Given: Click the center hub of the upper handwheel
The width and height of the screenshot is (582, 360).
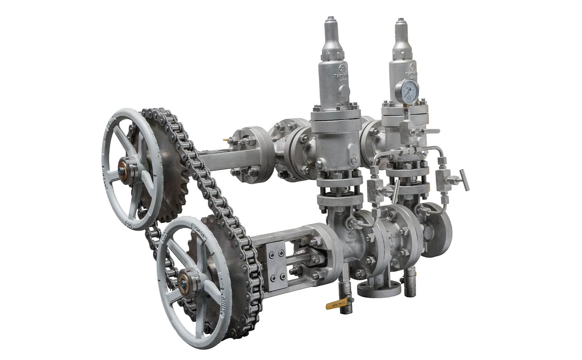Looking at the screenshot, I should (x=123, y=171).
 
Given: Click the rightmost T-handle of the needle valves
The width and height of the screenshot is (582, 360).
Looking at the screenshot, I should (x=464, y=180).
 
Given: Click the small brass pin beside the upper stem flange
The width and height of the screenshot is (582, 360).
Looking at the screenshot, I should (x=225, y=140).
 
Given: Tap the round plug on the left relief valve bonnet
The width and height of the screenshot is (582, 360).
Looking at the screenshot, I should (x=344, y=90).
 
